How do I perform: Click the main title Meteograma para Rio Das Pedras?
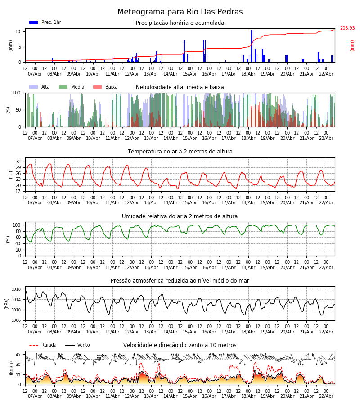[x=180, y=12]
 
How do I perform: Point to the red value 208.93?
[x=347, y=28]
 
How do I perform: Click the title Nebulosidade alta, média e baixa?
[x=180, y=87]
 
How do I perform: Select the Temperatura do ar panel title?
[x=180, y=152]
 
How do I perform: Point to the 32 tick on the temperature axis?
[x=18, y=162]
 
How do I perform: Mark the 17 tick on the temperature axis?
[x=18, y=191]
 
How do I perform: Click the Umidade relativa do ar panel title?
[x=180, y=216]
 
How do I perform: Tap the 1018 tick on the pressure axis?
[x=16, y=289]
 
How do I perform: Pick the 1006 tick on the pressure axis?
[x=16, y=320]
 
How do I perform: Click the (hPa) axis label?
[x=7, y=303]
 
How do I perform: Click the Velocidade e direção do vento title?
[x=180, y=345]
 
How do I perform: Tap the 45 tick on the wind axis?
[x=18, y=354]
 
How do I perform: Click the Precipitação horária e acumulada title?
[x=180, y=23]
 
